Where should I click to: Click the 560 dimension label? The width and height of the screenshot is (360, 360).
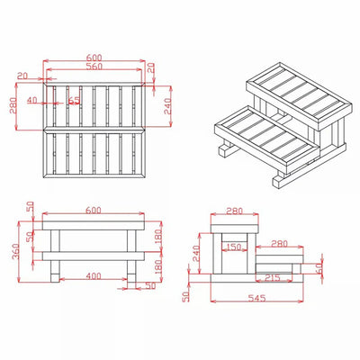click(x=94, y=67)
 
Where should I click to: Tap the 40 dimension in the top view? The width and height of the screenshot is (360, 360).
click(x=32, y=100)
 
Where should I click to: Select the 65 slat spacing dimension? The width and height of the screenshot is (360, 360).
click(x=75, y=101)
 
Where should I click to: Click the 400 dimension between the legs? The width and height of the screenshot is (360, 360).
click(x=94, y=275)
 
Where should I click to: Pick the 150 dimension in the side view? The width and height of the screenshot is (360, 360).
click(x=233, y=247)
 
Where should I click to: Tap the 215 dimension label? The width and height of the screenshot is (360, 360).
click(x=273, y=277)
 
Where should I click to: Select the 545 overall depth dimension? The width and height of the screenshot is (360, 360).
click(x=257, y=298)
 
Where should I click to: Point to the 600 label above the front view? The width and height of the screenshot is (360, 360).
click(x=94, y=211)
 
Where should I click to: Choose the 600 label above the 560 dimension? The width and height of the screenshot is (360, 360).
click(x=94, y=58)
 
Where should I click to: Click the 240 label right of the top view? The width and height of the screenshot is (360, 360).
click(x=167, y=106)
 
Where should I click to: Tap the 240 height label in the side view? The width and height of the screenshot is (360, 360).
click(x=196, y=253)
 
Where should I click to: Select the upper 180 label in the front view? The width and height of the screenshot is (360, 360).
click(x=158, y=236)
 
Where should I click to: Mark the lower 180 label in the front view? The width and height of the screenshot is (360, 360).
click(x=158, y=266)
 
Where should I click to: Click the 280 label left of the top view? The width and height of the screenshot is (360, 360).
click(x=13, y=105)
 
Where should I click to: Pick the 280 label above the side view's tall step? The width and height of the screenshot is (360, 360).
click(x=234, y=211)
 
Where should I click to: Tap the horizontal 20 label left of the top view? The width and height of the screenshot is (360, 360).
click(x=22, y=76)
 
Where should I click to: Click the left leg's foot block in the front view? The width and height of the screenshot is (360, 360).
click(x=55, y=278)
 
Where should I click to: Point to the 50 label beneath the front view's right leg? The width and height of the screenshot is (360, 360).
click(x=150, y=286)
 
